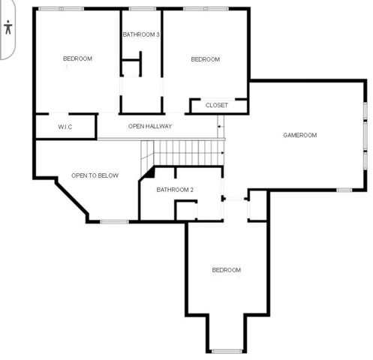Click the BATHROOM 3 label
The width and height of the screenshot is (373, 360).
point(141,34)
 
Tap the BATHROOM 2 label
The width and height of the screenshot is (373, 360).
point(175,190)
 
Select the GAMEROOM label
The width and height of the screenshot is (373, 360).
point(299,135)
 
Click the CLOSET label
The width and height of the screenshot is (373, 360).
point(216,106)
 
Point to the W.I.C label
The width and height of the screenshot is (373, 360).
point(65,127)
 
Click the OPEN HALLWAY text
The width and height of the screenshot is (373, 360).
point(150,127)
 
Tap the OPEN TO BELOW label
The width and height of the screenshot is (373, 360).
point(95,175)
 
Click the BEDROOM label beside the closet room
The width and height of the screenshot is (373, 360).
point(205,59)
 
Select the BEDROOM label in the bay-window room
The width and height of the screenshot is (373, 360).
point(226,270)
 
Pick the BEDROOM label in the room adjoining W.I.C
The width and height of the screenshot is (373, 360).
point(77,58)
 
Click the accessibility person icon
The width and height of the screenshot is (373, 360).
point(8,28)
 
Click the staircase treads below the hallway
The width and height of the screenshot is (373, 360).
point(188,153)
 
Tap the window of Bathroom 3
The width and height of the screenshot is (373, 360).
point(142,8)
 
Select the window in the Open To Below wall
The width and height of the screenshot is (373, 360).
point(114,221)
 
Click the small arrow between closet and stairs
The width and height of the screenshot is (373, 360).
point(219,126)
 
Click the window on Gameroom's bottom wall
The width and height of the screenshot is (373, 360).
point(344,190)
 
